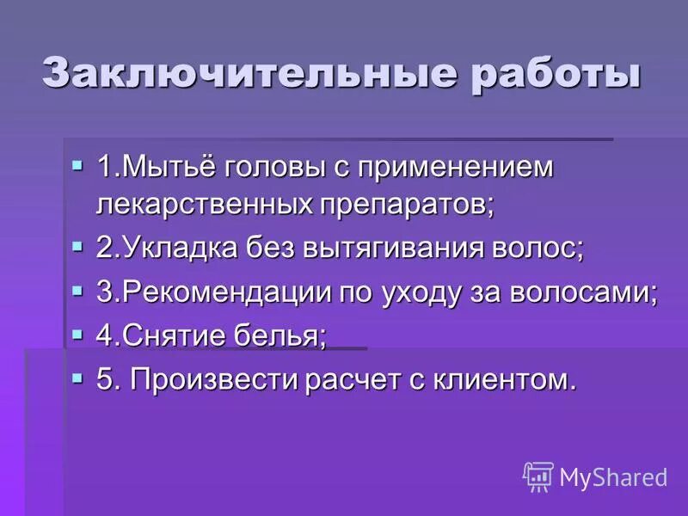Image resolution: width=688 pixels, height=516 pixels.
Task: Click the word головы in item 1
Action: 272,167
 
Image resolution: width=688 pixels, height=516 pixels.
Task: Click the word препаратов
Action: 404,206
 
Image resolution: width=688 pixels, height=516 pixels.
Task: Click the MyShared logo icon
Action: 537,476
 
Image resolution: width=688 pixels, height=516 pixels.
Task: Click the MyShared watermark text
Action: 613,476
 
